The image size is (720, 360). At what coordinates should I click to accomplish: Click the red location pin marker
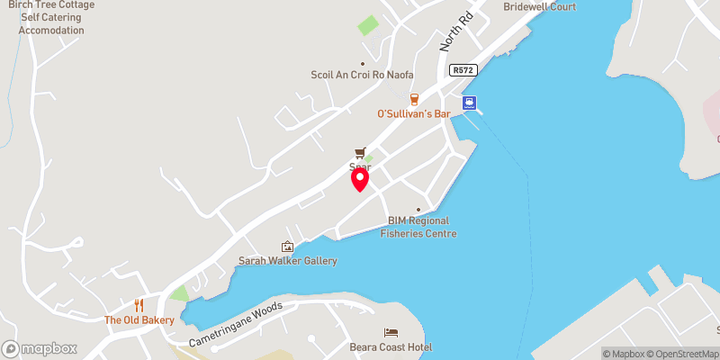coord(359,179)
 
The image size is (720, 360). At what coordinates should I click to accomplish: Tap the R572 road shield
coord(463,69)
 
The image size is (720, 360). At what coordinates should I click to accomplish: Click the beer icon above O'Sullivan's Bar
coord(414,98)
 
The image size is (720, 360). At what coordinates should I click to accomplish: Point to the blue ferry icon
coord(469,103)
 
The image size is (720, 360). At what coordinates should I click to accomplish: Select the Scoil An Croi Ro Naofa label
coord(364,76)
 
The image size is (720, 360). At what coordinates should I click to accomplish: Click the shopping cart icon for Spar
coord(361,152)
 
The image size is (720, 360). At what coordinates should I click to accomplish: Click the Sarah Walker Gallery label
coord(287,261)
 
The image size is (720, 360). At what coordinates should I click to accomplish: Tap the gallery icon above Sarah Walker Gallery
coord(287,246)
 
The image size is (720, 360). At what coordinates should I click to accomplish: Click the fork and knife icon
coord(139,304)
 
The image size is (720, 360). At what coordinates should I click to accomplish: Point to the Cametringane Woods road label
coord(236,325)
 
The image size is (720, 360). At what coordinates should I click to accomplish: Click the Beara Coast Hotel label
coord(391,347)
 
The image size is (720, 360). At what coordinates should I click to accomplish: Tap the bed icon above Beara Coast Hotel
coord(391,332)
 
